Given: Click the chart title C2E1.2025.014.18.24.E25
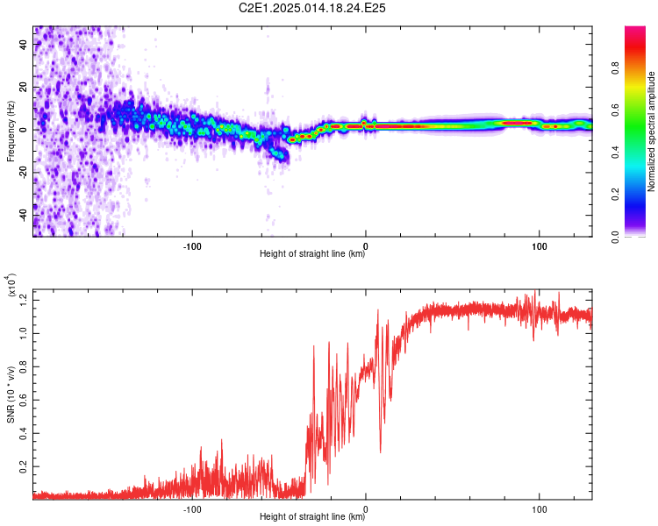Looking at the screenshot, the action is coord(311,8).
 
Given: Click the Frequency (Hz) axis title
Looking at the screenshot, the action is coord(11,131).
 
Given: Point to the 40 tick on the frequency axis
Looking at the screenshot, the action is coord(23,44).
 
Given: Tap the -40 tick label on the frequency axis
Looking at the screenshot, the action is coord(23,216).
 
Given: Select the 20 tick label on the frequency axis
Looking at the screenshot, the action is coord(23,87).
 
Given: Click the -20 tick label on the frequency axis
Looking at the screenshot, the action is coord(23,173).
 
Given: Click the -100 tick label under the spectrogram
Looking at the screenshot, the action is coord(192,246).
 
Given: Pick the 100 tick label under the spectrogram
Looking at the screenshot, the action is coord(540,246).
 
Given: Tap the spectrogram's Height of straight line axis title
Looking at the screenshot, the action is coord(312,253).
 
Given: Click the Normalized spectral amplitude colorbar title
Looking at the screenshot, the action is coord(651,131).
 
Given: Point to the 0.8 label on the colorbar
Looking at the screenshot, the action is coord(616,68).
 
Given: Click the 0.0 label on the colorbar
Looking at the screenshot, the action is coord(616,238).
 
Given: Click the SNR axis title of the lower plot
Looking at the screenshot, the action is coord(11,394).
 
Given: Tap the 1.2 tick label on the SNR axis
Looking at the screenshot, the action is coord(23,300).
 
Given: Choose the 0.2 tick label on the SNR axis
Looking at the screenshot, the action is coord(23,466).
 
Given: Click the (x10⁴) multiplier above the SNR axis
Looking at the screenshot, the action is coord(11,285).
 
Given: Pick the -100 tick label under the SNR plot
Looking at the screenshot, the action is coord(192,509).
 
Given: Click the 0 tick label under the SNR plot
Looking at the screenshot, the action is coord(366,509).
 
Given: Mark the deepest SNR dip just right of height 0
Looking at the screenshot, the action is coord(381,452).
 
